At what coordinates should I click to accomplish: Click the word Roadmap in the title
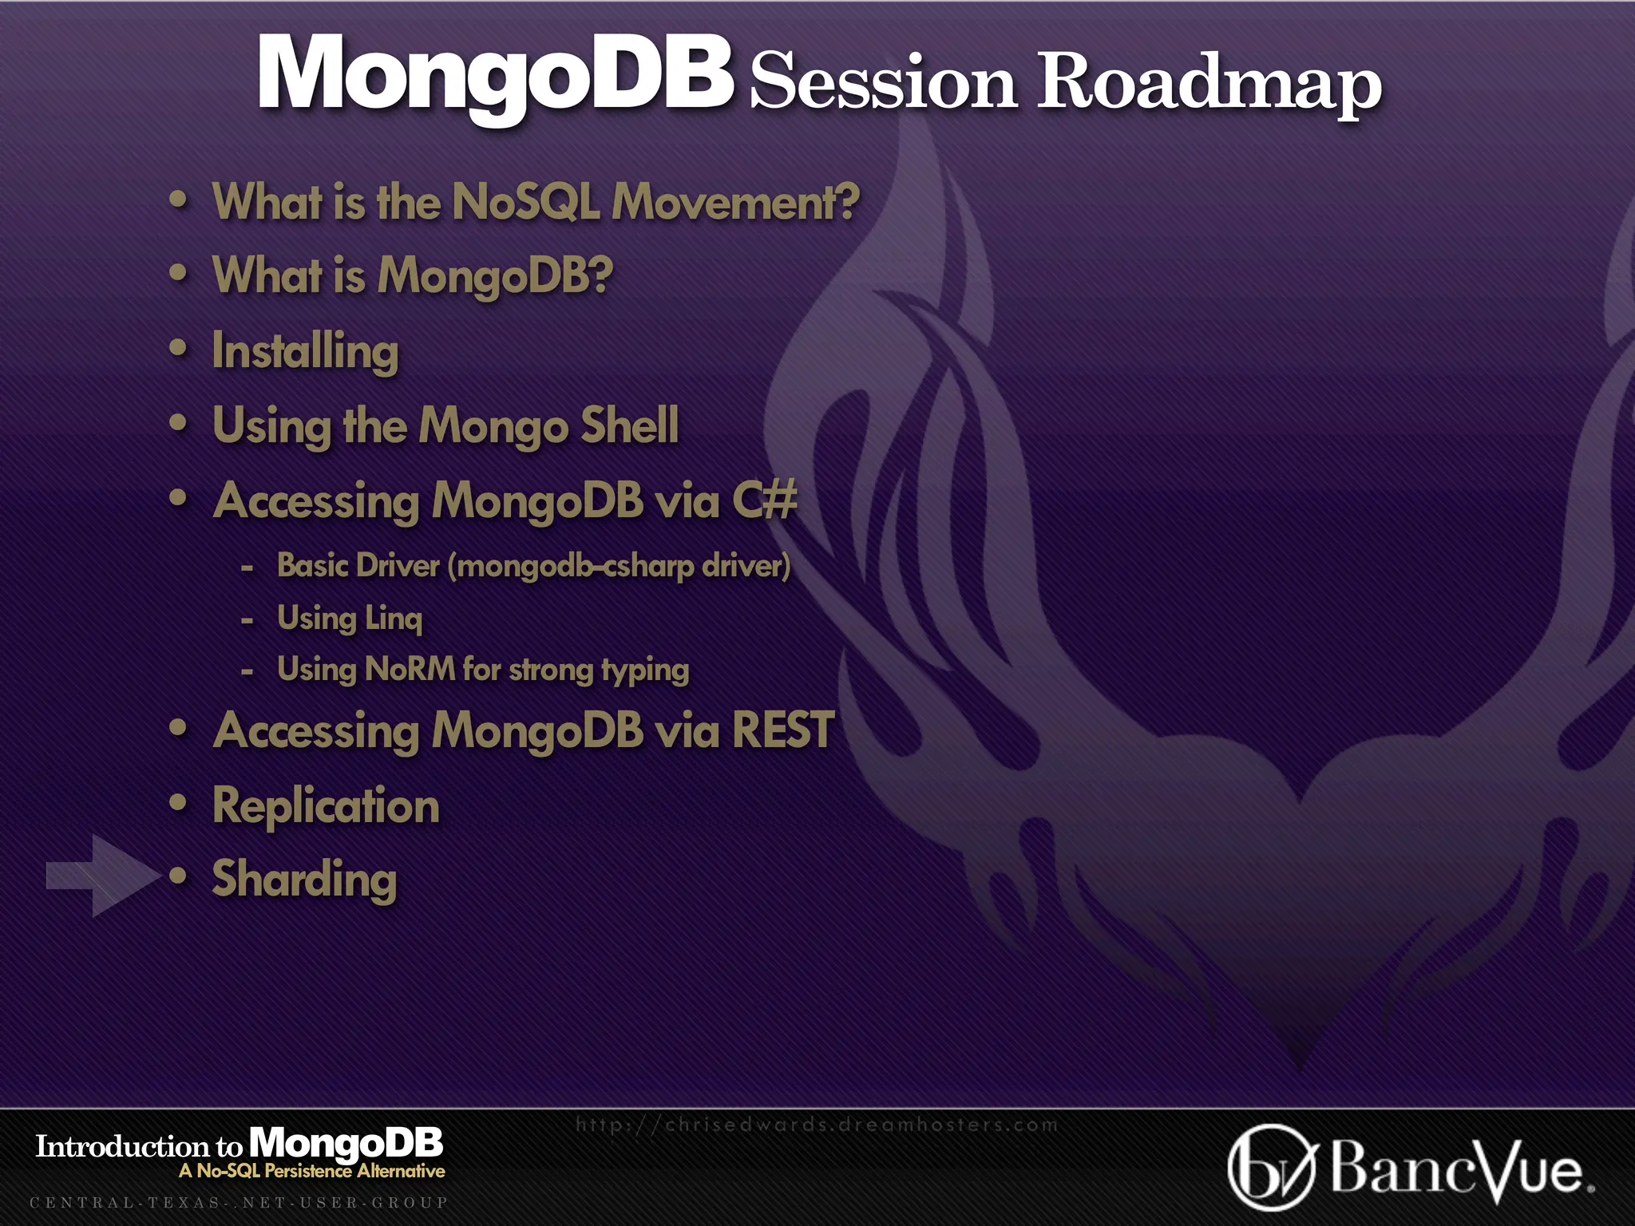(1209, 83)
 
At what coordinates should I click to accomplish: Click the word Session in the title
(883, 83)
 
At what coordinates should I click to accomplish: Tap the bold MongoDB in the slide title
(495, 73)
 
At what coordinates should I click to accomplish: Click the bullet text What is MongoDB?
(413, 275)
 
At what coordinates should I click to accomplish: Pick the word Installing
(305, 351)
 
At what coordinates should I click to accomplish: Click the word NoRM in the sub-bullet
(410, 669)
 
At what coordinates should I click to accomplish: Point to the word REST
(782, 730)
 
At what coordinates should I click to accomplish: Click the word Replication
(326, 805)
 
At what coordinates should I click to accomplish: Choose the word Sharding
(304, 880)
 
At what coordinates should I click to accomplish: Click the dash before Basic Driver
(247, 568)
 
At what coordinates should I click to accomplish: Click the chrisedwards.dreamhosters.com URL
(816, 1125)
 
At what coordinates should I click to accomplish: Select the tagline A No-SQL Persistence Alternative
(312, 1171)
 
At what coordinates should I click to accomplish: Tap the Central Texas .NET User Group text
(239, 1202)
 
